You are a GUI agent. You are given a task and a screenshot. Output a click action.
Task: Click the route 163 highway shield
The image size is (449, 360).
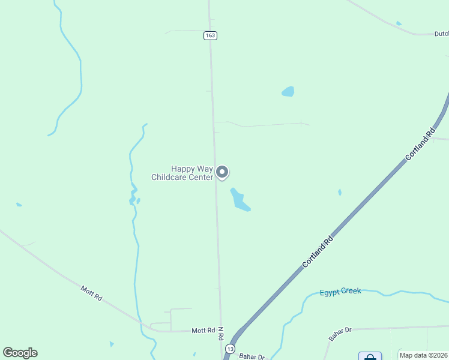[x=209, y=36]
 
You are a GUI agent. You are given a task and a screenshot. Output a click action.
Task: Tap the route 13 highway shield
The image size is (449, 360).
[x=231, y=349]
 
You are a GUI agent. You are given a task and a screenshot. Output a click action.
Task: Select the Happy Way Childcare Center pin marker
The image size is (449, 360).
[x=222, y=173]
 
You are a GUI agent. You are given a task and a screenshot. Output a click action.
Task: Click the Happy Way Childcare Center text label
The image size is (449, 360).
[x=182, y=173]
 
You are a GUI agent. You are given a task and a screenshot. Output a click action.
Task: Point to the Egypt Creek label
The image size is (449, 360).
[x=340, y=292]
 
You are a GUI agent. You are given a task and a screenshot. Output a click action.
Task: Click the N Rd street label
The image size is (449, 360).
[x=221, y=334]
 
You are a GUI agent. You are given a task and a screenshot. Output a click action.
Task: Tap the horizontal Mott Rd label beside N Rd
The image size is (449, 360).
[x=203, y=331]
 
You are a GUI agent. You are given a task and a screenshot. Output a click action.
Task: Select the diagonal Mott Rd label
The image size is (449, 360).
[x=91, y=293]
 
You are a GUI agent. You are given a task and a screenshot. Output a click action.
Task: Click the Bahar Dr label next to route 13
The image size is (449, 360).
[x=252, y=356]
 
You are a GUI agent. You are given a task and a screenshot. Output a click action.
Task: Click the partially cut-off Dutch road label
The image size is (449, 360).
[x=441, y=34]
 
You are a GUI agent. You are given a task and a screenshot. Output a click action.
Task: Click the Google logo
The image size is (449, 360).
[x=20, y=353]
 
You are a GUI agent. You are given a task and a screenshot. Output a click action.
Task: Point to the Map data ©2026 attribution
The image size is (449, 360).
[x=424, y=355]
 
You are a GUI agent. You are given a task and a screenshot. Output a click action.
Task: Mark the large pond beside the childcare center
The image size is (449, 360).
[x=240, y=200]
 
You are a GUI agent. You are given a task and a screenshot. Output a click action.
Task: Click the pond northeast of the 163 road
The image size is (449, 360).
[x=288, y=92]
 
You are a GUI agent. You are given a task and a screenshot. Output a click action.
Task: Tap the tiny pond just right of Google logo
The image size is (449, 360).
[x=112, y=344]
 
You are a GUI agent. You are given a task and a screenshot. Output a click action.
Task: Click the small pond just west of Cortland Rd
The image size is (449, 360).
[x=340, y=193]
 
